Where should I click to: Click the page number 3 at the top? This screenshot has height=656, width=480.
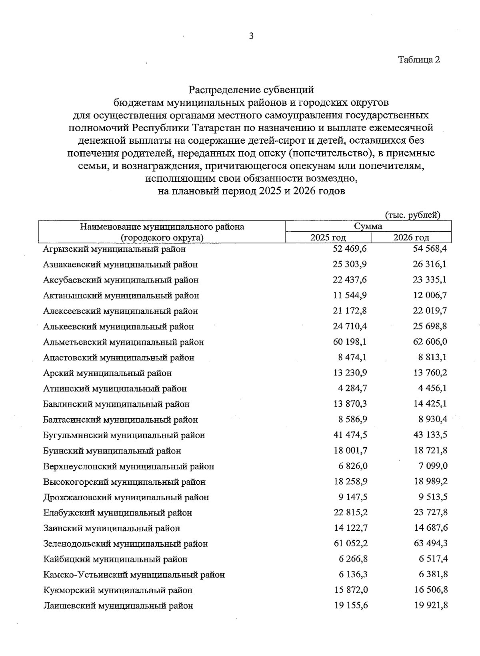251,36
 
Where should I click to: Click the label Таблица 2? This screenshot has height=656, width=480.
418,60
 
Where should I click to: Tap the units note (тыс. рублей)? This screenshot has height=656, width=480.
412,215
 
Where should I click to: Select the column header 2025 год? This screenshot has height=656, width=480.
328,238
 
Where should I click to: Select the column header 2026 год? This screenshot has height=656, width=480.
411,238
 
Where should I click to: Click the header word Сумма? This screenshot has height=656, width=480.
368,227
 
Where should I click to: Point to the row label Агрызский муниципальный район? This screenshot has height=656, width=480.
114,249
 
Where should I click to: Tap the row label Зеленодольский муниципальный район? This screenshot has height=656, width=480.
126,544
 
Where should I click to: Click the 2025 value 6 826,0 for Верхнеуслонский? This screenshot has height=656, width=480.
353,466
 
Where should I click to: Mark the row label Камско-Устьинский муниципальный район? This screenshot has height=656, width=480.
134,575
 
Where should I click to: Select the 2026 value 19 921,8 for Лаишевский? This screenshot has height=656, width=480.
430,606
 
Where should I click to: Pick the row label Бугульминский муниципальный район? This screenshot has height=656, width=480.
124,435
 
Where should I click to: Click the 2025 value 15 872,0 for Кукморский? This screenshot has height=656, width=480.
350,590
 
